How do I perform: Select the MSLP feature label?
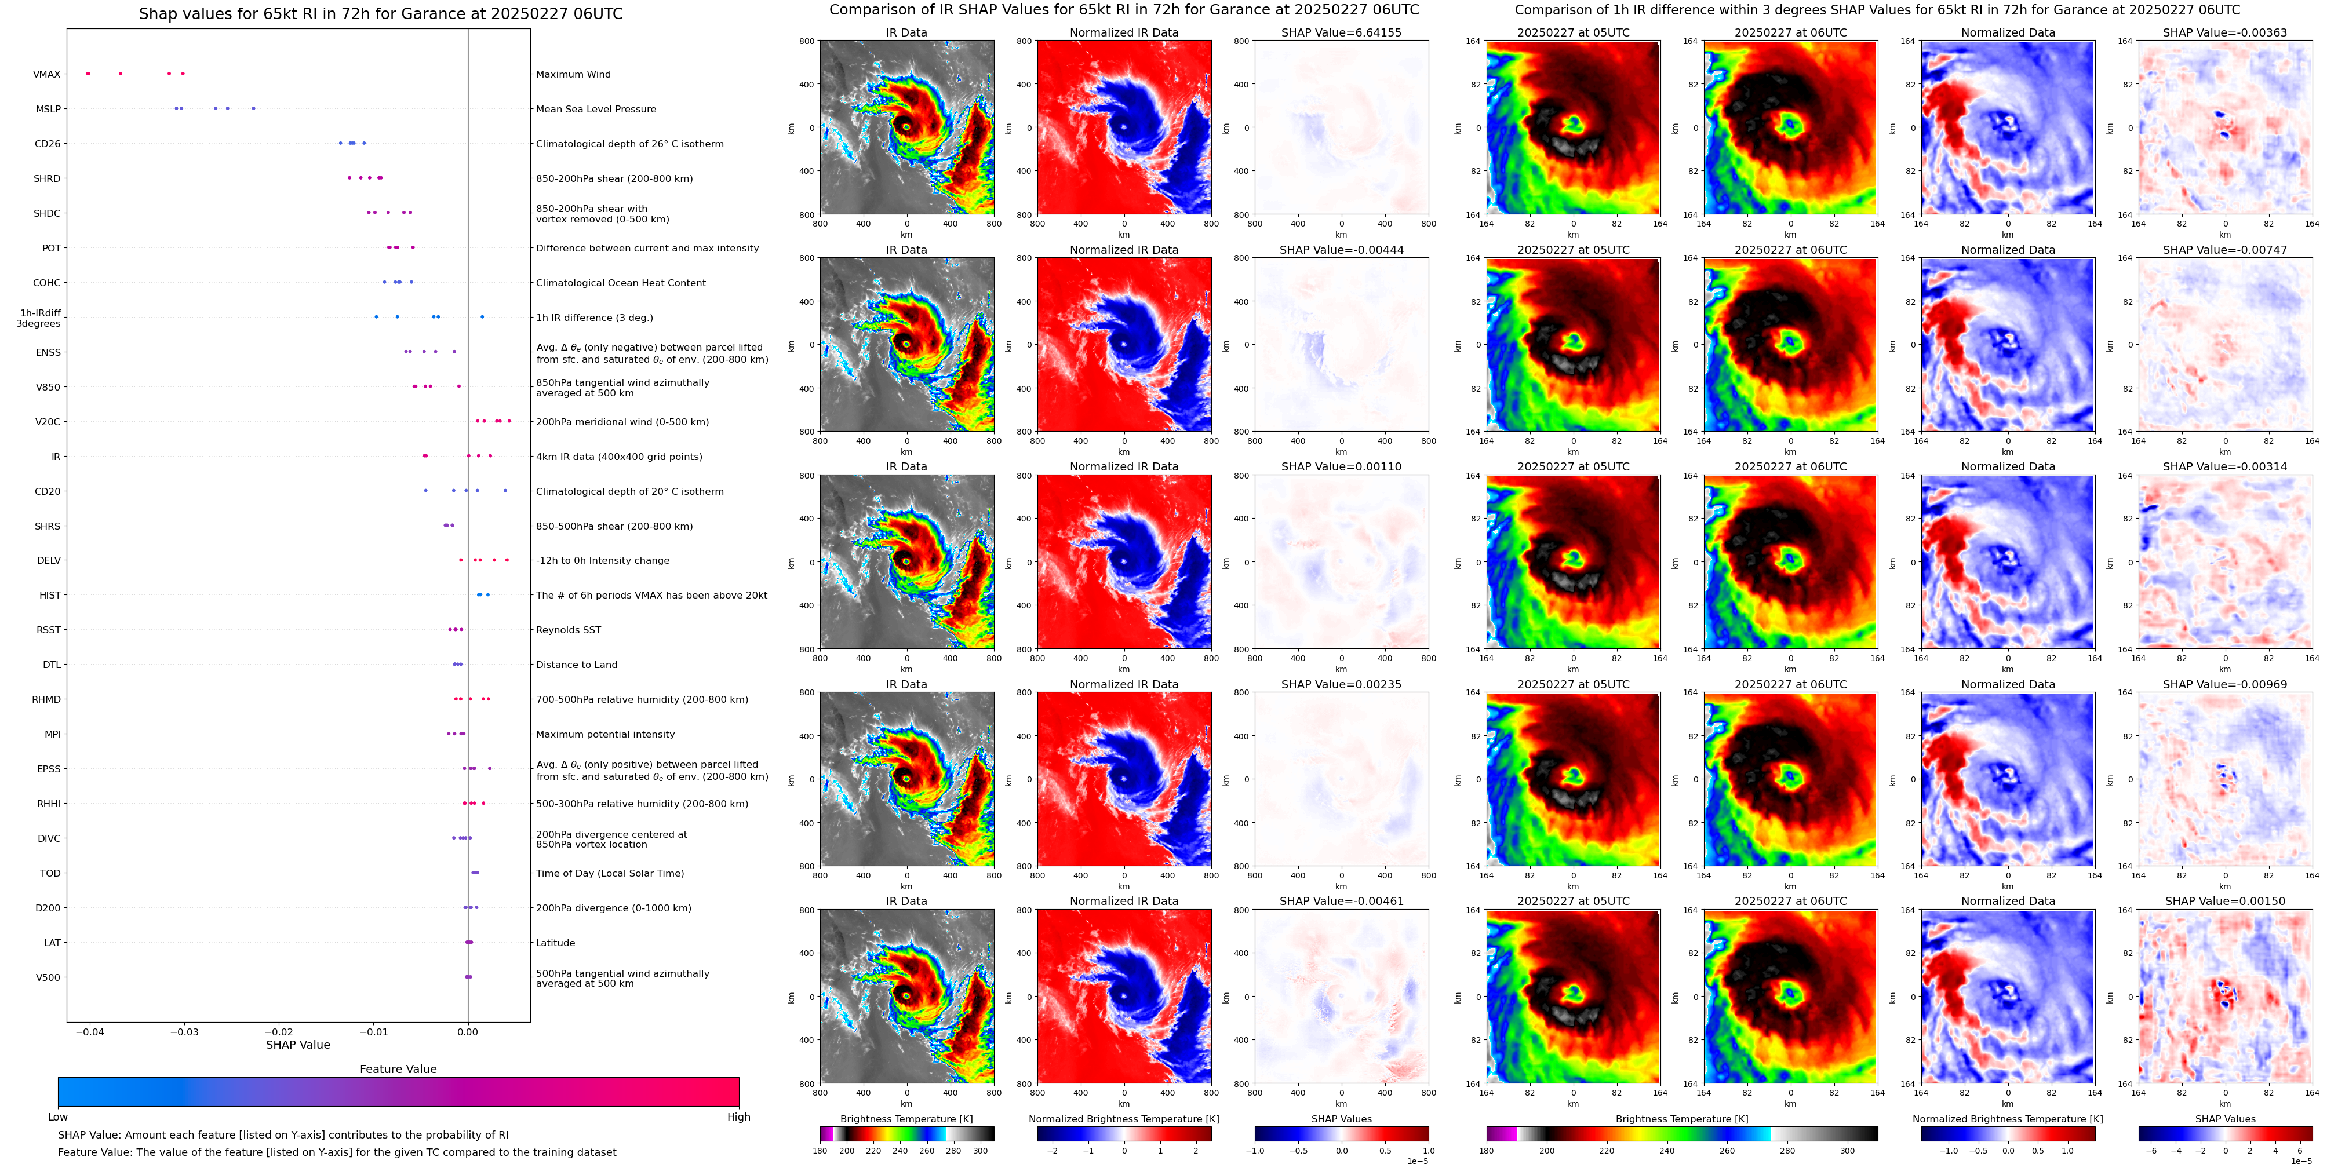48,110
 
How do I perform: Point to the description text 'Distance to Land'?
576,665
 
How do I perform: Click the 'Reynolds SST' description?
567,630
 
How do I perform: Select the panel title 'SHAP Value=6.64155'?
1341,32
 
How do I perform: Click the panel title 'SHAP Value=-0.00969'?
2224,684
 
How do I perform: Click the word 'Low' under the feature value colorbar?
58,1117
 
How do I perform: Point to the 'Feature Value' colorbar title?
398,1069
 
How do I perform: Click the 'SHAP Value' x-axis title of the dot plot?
297,1045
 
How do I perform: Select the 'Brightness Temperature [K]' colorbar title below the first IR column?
906,1119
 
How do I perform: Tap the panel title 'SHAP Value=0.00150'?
2224,901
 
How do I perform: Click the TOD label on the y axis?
50,873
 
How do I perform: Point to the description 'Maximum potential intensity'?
604,734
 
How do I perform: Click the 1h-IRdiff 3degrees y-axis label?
39,318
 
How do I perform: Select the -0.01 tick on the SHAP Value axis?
373,1031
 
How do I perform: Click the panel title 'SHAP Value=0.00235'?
1341,684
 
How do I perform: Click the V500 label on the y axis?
48,977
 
